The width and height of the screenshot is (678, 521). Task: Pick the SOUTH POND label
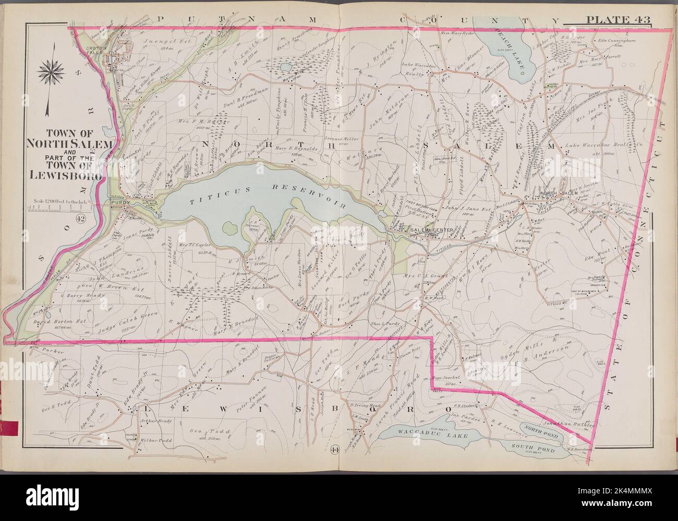point(539,448)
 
